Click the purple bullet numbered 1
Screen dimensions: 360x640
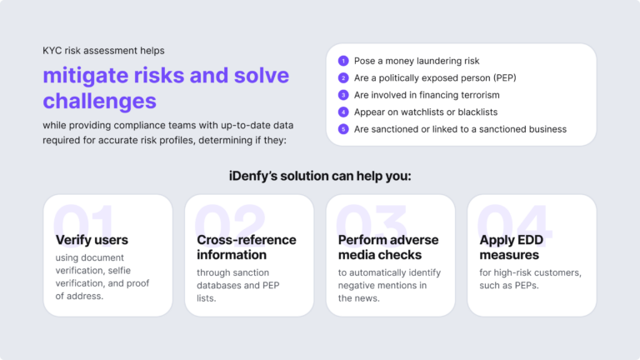tap(342, 61)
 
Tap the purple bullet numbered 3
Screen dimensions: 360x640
tap(342, 95)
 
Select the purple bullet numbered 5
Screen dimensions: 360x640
tap(342, 129)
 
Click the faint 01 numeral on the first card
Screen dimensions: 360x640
tap(83, 223)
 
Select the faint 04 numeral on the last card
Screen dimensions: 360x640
tap(513, 223)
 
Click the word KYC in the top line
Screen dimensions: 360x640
tap(54, 51)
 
